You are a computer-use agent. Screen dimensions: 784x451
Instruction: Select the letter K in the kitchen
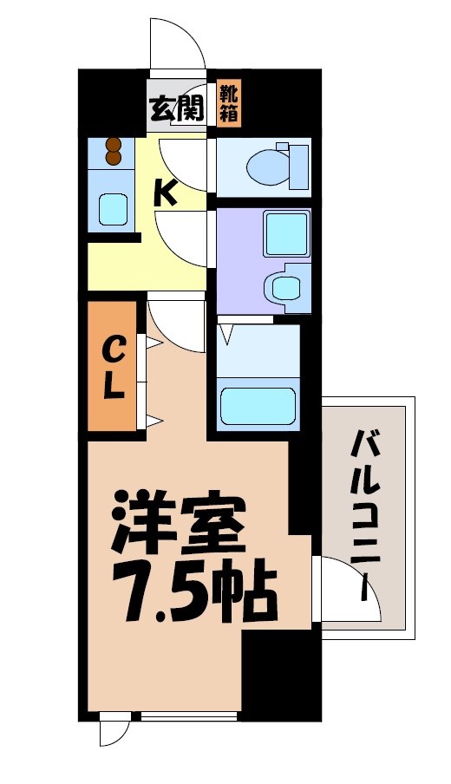pyautogui.click(x=166, y=193)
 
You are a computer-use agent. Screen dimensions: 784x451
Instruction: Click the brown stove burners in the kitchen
pyautogui.click(x=113, y=152)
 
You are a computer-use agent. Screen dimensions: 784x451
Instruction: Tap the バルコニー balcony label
pyautogui.click(x=366, y=512)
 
